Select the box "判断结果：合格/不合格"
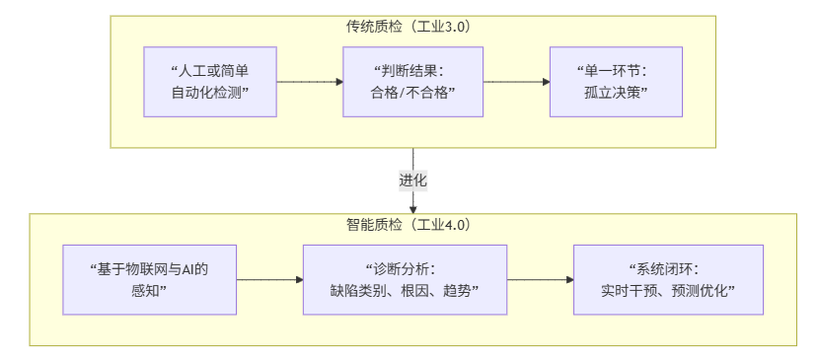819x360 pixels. (412, 82)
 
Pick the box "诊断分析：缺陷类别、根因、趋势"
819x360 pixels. (405, 279)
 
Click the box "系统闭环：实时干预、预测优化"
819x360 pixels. (668, 279)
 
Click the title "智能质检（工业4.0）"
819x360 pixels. (413, 225)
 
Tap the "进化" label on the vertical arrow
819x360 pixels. (413, 181)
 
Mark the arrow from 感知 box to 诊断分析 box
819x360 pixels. (268, 279)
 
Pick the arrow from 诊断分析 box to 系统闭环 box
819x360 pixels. (540, 279)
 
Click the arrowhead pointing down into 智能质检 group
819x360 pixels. (413, 208)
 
